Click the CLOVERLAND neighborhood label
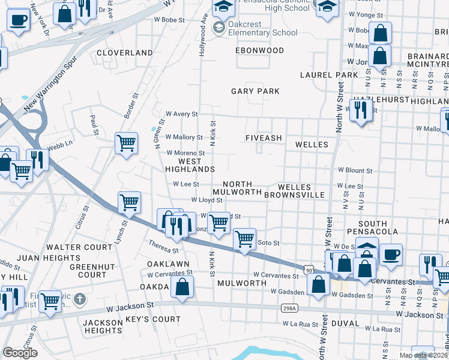click(x=125, y=53)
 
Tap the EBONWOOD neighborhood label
click(x=259, y=51)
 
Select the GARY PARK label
click(x=256, y=91)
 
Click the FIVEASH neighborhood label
click(x=264, y=138)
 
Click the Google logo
click(x=20, y=353)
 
